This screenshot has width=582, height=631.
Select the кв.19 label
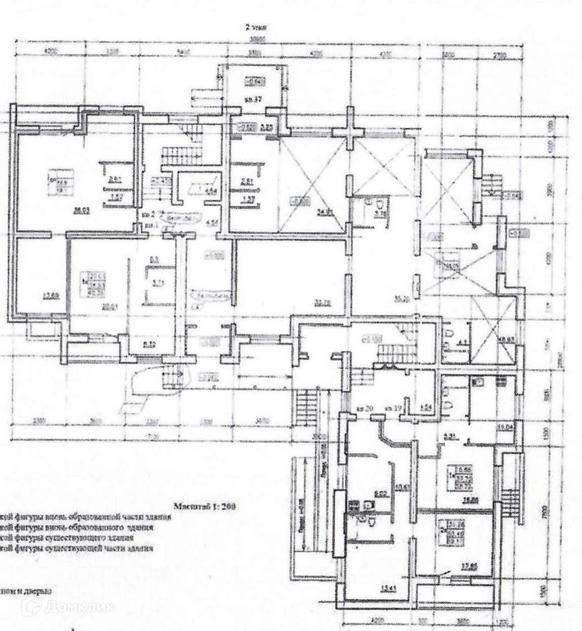[x=393, y=408]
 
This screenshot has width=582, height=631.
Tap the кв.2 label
[x=148, y=214]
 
